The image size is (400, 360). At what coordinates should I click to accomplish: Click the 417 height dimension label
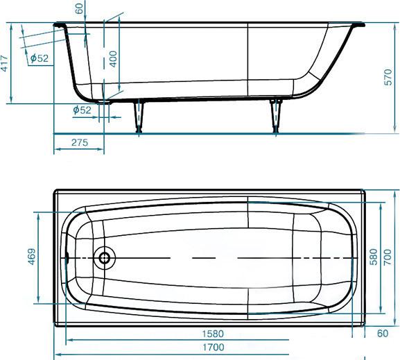4,63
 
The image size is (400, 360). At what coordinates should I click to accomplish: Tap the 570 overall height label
388,77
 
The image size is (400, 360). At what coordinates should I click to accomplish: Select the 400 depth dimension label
113,59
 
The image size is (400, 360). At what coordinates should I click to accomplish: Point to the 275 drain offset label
80,142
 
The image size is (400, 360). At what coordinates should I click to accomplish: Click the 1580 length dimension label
213,334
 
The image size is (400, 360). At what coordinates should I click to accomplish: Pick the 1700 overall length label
214,348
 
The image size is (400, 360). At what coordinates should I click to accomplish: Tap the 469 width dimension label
31,257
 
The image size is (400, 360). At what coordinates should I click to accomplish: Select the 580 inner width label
374,257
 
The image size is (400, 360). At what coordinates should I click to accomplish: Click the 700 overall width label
388,257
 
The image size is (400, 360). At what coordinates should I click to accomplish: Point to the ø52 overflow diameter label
40,58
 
